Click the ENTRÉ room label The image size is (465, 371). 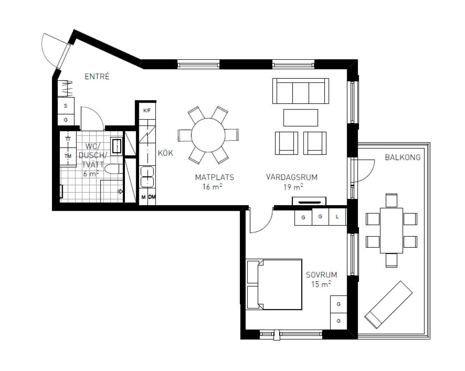[x=97, y=77]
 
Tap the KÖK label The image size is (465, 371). [x=165, y=153]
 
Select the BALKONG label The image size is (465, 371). [x=403, y=157]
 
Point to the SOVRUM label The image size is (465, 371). [x=322, y=275]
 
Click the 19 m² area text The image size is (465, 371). [x=293, y=187]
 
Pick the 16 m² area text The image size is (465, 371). [x=212, y=187]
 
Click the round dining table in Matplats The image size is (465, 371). [x=208, y=135]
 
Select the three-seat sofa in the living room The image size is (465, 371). [x=301, y=91]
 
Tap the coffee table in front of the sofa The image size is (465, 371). [x=301, y=118]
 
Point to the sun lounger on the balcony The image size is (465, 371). [x=388, y=305]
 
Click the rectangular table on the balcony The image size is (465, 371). [x=392, y=230]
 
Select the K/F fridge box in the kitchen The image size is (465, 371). [x=147, y=110]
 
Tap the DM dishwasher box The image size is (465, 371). [x=152, y=197]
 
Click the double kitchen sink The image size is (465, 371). [x=147, y=177]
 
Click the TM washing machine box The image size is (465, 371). [x=68, y=156]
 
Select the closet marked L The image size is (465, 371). [x=338, y=217]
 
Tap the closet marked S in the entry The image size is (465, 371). [x=66, y=106]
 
